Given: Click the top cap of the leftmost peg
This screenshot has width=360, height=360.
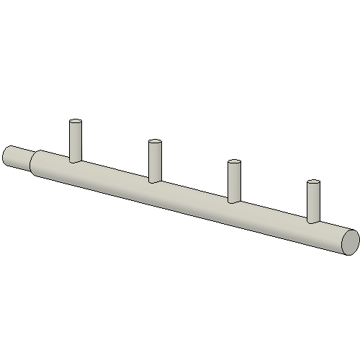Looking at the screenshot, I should (x=76, y=122).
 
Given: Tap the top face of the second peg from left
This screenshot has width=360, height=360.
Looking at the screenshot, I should (x=155, y=142).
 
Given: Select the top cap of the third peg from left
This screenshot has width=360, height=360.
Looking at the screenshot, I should (x=234, y=162).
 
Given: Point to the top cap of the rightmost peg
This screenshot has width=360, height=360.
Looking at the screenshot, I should (x=313, y=182).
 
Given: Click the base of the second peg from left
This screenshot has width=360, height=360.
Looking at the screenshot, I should (x=155, y=181).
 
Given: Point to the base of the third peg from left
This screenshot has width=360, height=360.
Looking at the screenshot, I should (x=234, y=201).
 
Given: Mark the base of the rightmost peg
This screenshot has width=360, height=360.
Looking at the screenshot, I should (x=313, y=221).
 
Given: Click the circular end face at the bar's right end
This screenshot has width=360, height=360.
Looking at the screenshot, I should (x=349, y=242).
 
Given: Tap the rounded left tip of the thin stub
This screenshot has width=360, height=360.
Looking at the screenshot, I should (x=7, y=154).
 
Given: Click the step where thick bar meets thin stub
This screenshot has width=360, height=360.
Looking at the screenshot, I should (x=35, y=163).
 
